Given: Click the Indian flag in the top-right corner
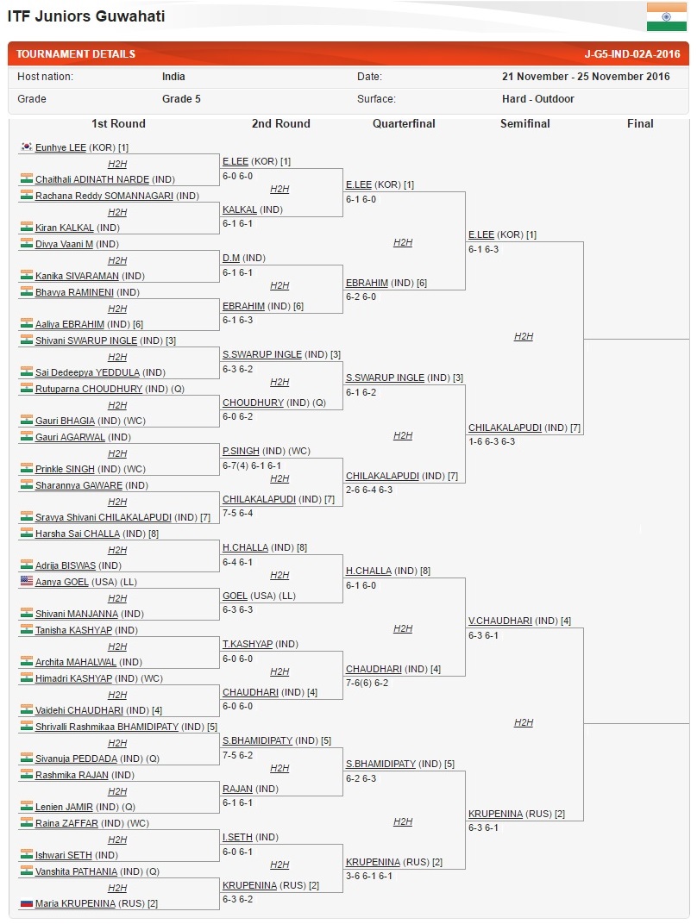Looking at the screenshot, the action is pos(666,16).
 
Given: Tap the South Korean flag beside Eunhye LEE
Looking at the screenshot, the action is pos(27,147).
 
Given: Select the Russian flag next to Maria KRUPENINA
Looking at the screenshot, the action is pos(27,902).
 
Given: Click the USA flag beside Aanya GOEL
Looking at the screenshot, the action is pos(27,581).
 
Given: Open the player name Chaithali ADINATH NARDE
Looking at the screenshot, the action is pos(92,179).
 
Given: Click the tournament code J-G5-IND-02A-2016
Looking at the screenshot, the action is pos(632,54).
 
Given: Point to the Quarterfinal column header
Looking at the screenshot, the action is pos(404,123).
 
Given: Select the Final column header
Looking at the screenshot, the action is pos(640,123).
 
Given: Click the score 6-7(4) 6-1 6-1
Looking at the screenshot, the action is pos(252,465).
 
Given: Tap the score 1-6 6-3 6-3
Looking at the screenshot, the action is pos(492,441).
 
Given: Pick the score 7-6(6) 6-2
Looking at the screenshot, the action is pos(367,683).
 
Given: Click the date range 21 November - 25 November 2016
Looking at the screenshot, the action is pos(586,77).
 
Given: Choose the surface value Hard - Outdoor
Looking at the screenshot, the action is pos(537,99).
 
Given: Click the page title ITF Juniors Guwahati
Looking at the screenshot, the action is pos(86,16).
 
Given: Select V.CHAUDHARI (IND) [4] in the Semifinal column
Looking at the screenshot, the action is pos(519,621).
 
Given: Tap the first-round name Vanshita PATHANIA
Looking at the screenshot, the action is pos(76,871).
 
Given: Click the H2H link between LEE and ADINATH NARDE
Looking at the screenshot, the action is pos(117,164).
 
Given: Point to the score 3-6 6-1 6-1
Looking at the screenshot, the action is pos(369,876).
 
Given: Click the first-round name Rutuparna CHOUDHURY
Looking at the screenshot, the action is pos(89,389).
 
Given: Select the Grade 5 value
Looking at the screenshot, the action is pos(181,99).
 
